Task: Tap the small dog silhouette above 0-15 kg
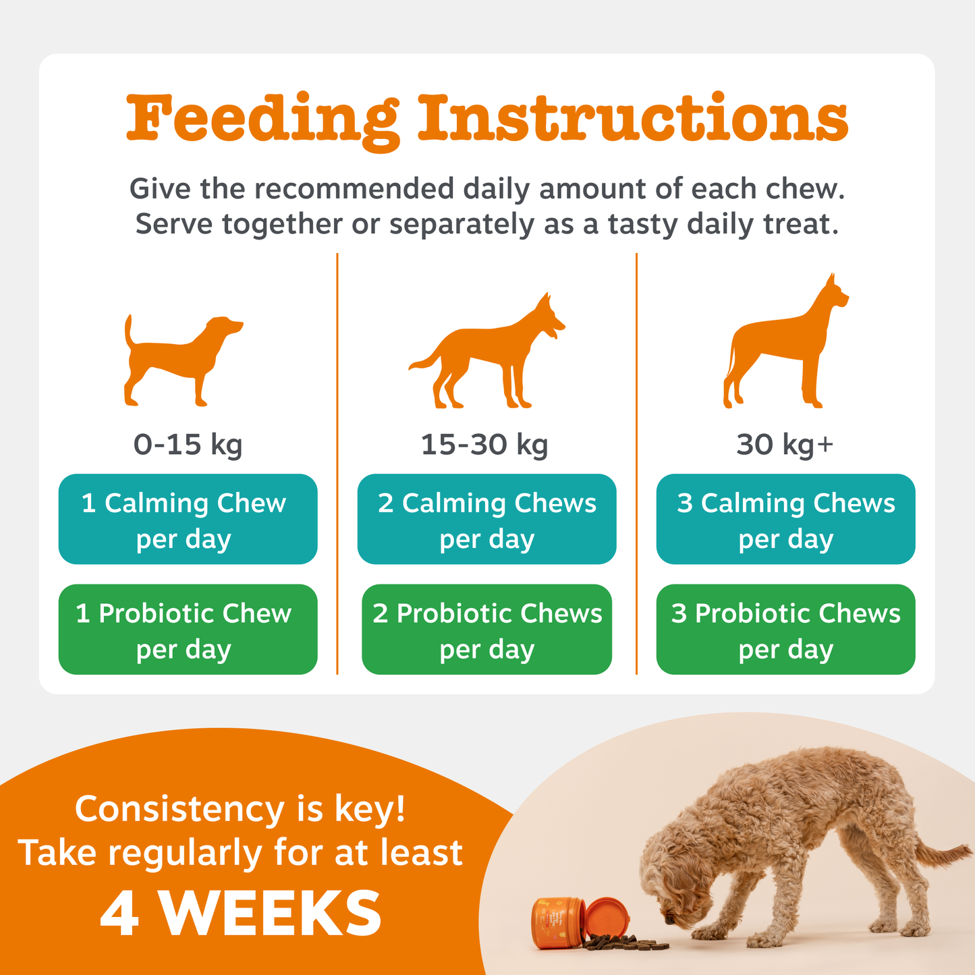click(179, 361)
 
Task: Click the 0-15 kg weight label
click(188, 445)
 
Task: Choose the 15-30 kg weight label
click(484, 445)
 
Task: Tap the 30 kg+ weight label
click(785, 445)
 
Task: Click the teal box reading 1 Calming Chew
click(188, 519)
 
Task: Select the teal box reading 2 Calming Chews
click(486, 519)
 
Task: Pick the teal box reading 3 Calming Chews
click(785, 519)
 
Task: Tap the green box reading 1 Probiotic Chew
click(188, 629)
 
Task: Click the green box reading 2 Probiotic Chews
click(486, 629)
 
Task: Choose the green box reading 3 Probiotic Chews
click(785, 629)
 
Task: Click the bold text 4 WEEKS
click(241, 914)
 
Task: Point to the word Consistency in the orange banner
click(179, 810)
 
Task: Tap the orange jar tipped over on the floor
click(574, 923)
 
